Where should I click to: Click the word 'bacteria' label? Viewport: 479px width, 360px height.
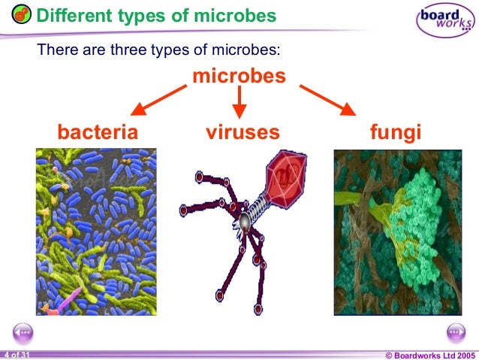tap(98, 133)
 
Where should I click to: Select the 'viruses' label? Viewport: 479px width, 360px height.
tap(243, 133)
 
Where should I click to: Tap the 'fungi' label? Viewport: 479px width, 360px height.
tap(396, 133)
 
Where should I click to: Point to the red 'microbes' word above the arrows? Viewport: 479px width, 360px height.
tap(239, 76)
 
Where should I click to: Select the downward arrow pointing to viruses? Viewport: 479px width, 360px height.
tap(239, 101)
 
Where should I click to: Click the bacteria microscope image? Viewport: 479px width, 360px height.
tap(96, 231)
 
